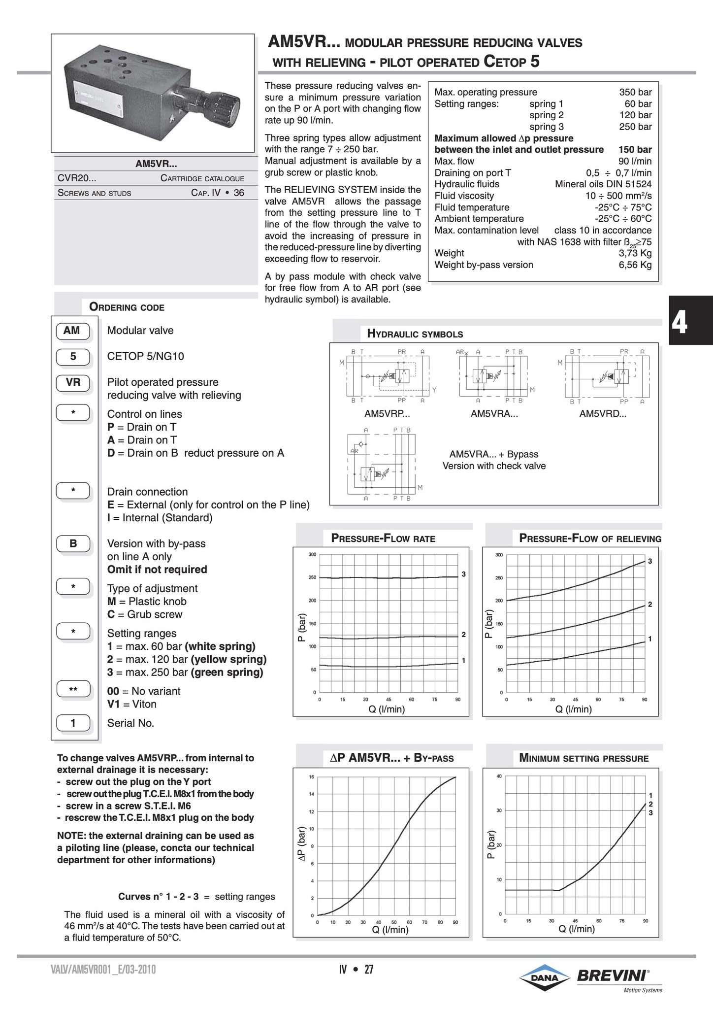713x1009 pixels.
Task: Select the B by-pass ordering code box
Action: pos(73,544)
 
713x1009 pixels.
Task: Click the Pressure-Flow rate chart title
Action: pos(383,538)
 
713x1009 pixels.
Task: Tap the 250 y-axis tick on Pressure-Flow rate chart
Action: pos(312,577)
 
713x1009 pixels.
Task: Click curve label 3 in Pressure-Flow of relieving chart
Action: pos(650,561)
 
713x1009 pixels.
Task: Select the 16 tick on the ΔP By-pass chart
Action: pos(311,777)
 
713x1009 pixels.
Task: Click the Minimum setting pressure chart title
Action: pos(584,759)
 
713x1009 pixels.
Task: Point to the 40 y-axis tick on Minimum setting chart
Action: pos(499,777)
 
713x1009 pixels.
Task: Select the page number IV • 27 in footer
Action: pos(356,970)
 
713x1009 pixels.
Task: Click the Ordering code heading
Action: pos(127,307)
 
